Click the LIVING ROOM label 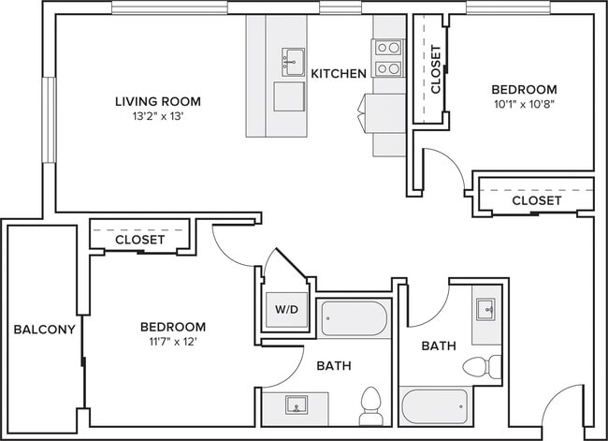(x=158, y=101)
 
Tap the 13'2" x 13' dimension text (x=158, y=116)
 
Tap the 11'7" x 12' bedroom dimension (x=173, y=342)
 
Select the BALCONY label (x=38, y=330)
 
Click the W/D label (x=285, y=308)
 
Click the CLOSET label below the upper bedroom (x=537, y=200)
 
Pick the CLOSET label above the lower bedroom (x=139, y=240)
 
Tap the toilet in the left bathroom (x=369, y=405)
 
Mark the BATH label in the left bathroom (x=334, y=365)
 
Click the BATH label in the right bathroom (x=438, y=346)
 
